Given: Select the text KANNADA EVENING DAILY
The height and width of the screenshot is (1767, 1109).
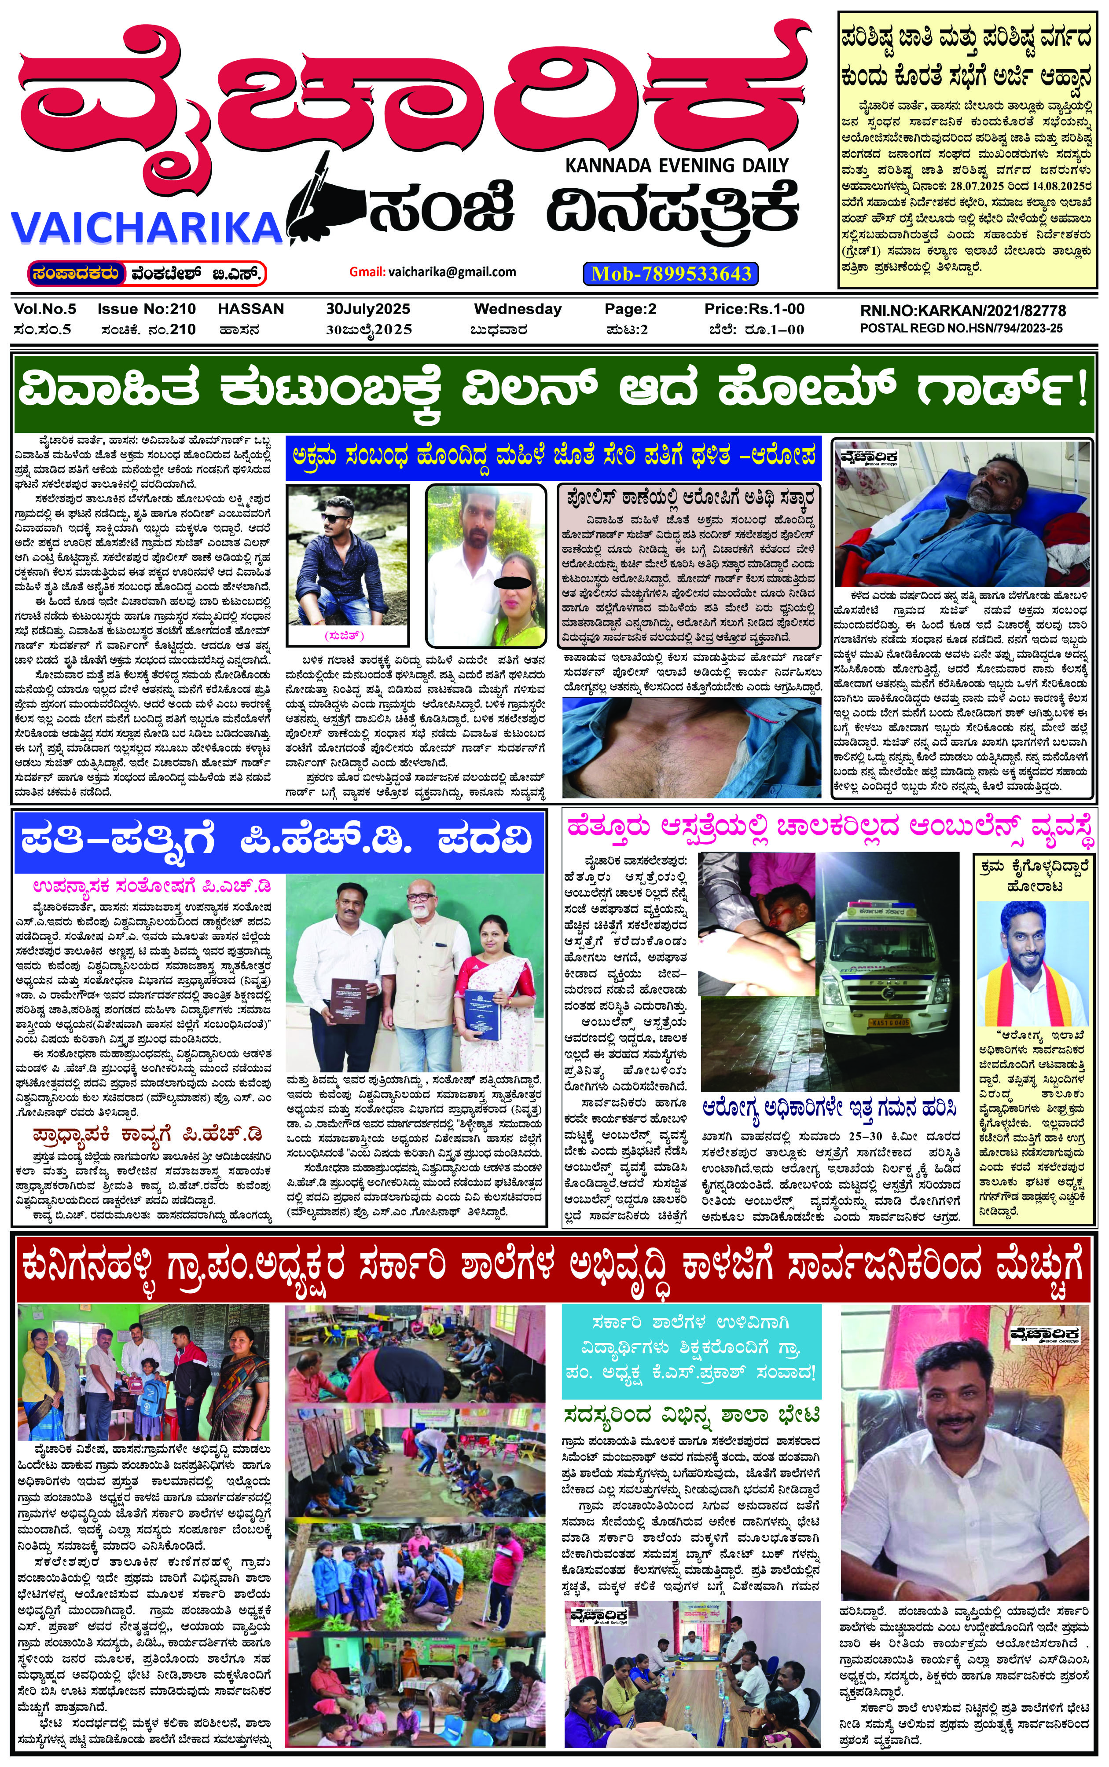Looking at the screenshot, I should pyautogui.click(x=676, y=166).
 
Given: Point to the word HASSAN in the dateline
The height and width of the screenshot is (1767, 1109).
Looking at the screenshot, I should pyautogui.click(x=251, y=309).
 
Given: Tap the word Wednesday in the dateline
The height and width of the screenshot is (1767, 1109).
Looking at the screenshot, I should pyautogui.click(x=518, y=309).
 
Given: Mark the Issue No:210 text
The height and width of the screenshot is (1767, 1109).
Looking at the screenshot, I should pyautogui.click(x=147, y=309).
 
